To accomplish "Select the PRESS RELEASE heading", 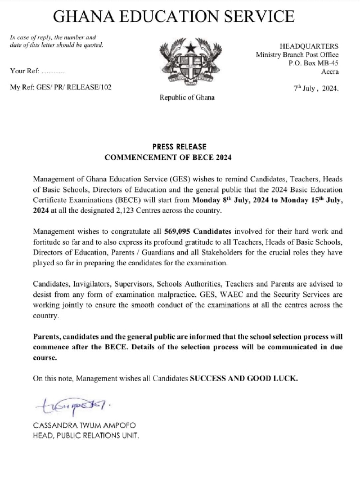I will (x=179, y=146).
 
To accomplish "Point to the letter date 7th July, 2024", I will (x=316, y=88).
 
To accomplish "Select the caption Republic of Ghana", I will (x=187, y=97).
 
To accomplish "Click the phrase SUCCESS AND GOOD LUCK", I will (x=244, y=378).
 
